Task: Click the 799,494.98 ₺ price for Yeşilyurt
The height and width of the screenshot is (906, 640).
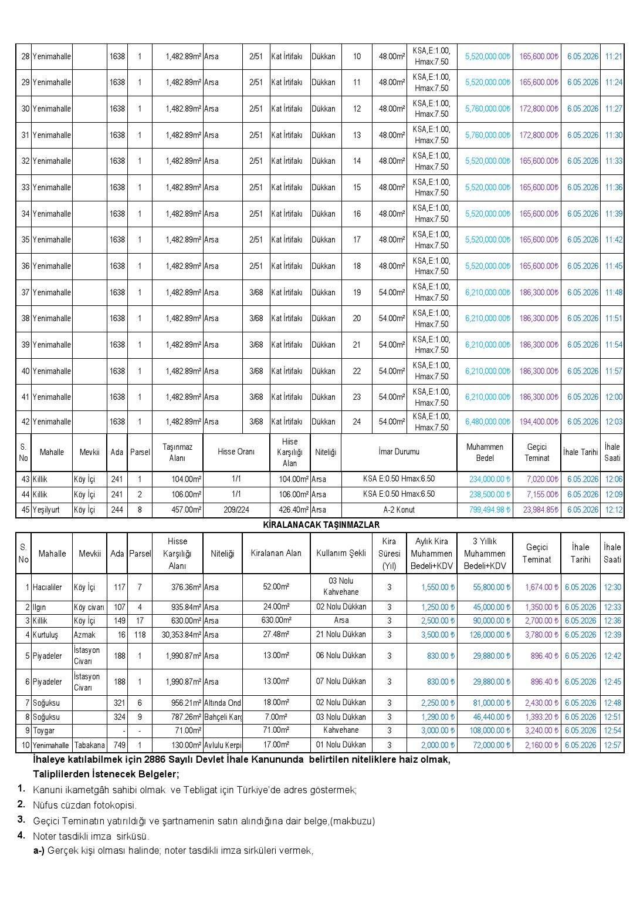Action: [x=489, y=510]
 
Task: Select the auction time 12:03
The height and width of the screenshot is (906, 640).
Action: [x=613, y=422]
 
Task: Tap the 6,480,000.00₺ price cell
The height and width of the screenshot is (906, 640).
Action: [x=487, y=422]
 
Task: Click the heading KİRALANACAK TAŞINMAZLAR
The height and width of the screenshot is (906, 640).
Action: [x=321, y=524]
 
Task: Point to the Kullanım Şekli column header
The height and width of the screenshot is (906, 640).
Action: [x=341, y=553]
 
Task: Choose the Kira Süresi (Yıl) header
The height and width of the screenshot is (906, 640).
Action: [x=389, y=553]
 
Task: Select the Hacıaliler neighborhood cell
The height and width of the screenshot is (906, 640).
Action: [x=48, y=587]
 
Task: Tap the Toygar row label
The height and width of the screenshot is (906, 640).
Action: [x=43, y=730]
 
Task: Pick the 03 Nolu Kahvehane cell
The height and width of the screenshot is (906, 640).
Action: [x=341, y=587]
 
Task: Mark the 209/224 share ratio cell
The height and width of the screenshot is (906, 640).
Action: [x=236, y=510]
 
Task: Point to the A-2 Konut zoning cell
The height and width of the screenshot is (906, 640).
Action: [x=399, y=510]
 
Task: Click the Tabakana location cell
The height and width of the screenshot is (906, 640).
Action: [x=89, y=745]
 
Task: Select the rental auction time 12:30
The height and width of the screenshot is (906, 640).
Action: [x=612, y=587]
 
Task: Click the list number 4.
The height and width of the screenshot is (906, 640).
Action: [x=21, y=835]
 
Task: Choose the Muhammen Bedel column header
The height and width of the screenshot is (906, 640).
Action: [x=485, y=452]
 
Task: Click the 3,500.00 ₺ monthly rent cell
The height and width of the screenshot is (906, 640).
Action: [x=438, y=635]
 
